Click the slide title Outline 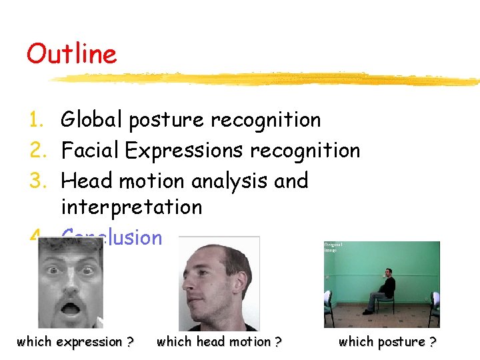point(71,54)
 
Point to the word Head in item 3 point(86,181)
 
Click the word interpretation point(131,207)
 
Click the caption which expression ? point(75,342)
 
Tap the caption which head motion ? point(219,342)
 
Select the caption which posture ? point(387,342)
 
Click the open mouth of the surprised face point(69,309)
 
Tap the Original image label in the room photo point(333,247)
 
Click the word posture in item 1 point(167,121)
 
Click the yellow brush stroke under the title point(267,79)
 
